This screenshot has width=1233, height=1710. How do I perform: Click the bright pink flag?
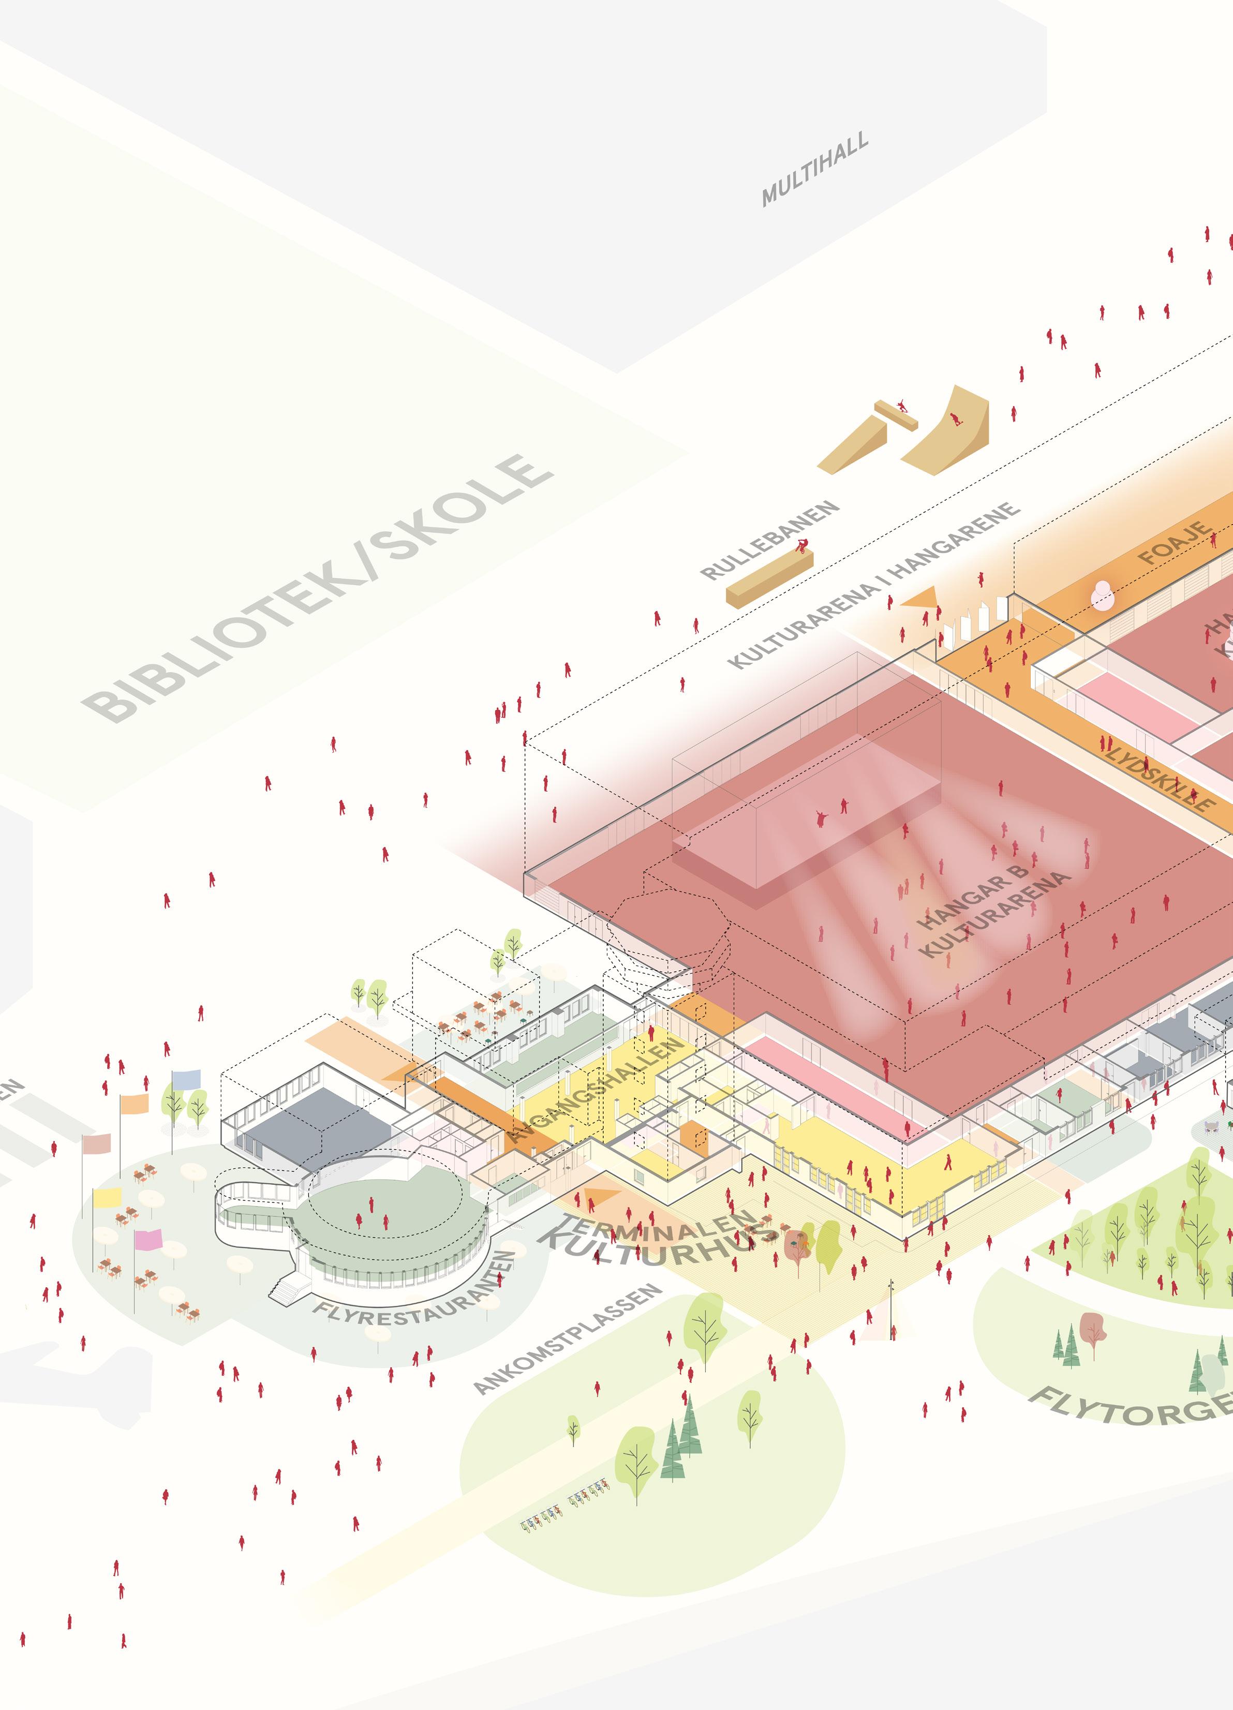[x=148, y=1239]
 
